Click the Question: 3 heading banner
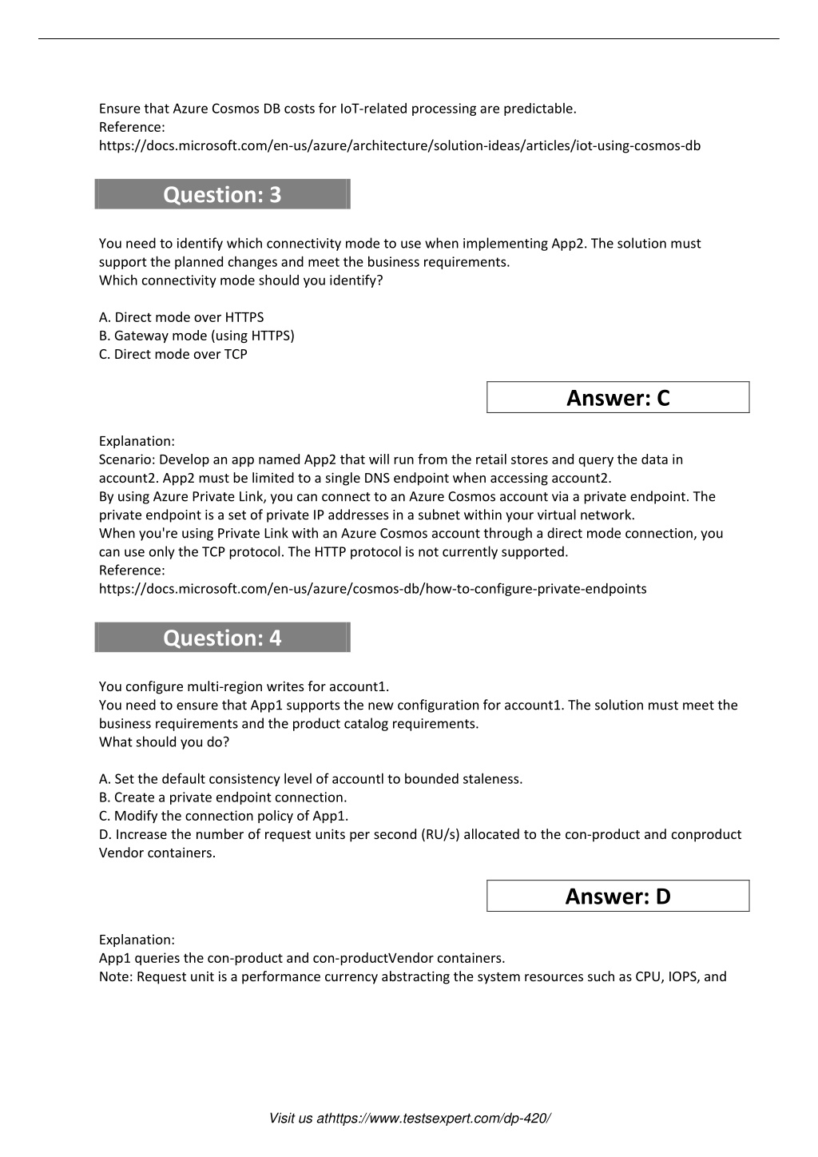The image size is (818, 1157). [222, 194]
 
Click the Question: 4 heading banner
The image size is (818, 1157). [222, 638]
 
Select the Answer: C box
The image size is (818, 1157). [617, 397]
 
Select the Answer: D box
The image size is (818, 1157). [617, 896]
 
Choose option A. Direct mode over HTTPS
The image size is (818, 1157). [181, 317]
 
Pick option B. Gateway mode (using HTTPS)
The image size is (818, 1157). [197, 336]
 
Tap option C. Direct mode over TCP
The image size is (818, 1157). [173, 354]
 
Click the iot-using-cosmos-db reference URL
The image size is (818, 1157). [399, 145]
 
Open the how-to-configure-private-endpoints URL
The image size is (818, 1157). [372, 589]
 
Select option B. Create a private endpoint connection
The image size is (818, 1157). [223, 797]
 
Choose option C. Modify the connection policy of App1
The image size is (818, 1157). [224, 816]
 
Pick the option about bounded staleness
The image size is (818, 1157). [311, 779]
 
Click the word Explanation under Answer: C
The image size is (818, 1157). [136, 441]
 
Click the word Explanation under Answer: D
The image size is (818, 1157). [136, 940]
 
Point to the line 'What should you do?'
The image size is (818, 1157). [164, 742]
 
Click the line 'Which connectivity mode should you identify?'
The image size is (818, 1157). [240, 280]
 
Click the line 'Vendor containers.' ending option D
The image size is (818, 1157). [157, 853]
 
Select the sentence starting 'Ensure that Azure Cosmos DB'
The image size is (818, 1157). [337, 109]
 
